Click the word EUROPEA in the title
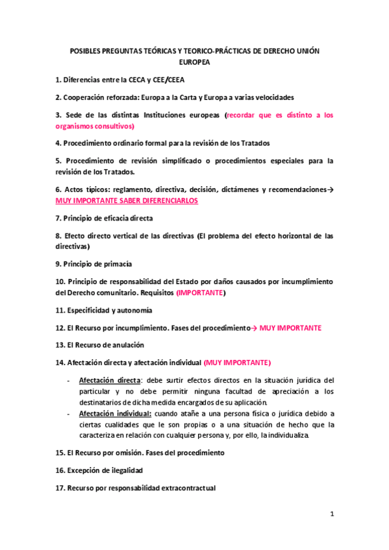[194, 64]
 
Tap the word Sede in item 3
[73, 115]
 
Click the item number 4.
[58, 143]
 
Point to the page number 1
[331, 516]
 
